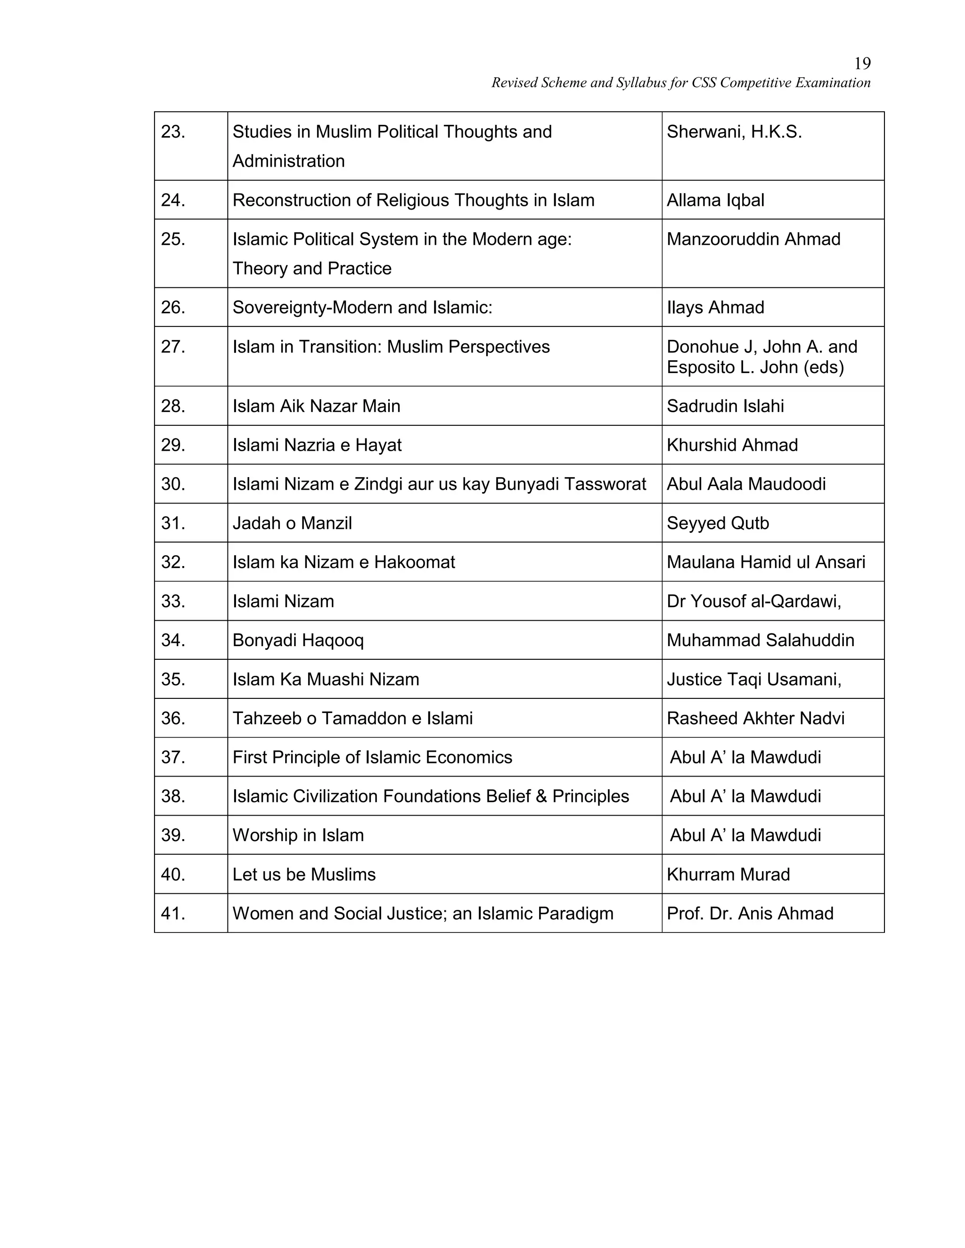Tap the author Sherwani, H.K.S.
coord(734,132)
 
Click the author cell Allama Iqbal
coord(715,200)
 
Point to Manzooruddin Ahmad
coord(753,239)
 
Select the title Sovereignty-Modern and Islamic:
coord(362,308)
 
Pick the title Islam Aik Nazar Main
coord(316,406)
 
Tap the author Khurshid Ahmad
coord(732,445)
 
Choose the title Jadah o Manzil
coord(292,523)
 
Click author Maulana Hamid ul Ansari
coord(766,562)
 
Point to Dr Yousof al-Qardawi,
coord(753,601)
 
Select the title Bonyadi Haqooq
coord(298,640)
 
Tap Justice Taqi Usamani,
coord(753,680)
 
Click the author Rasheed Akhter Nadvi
coord(755,718)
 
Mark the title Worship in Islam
coord(298,835)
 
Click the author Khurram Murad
coord(728,874)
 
